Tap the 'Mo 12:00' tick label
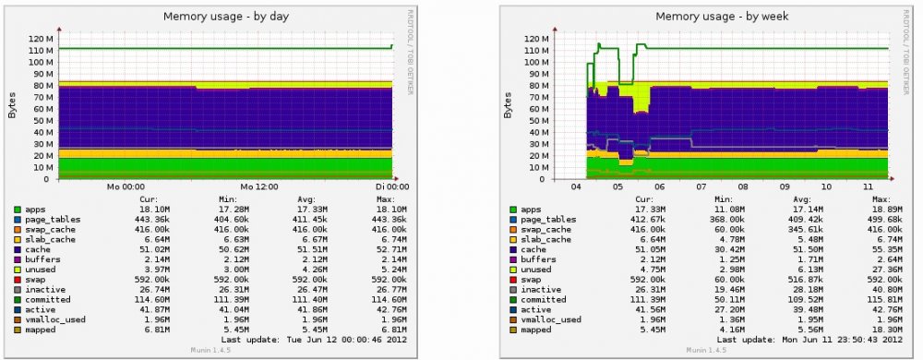pos(259,186)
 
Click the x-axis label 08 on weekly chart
pos(746,186)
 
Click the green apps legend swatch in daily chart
pos(18,210)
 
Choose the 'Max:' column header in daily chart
pos(376,199)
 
